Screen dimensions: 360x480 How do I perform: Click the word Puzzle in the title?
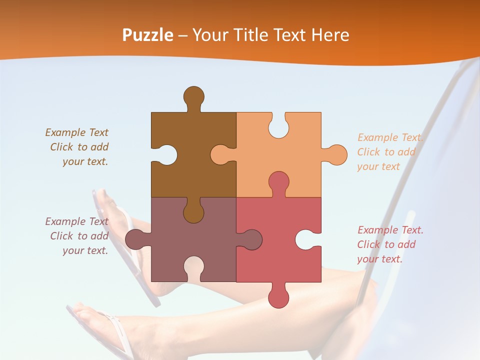coord(147,35)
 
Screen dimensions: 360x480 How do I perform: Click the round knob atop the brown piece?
coord(193,96)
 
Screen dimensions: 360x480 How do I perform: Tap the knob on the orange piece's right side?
coord(336,154)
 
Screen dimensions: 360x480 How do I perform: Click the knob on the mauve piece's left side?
coord(134,239)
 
